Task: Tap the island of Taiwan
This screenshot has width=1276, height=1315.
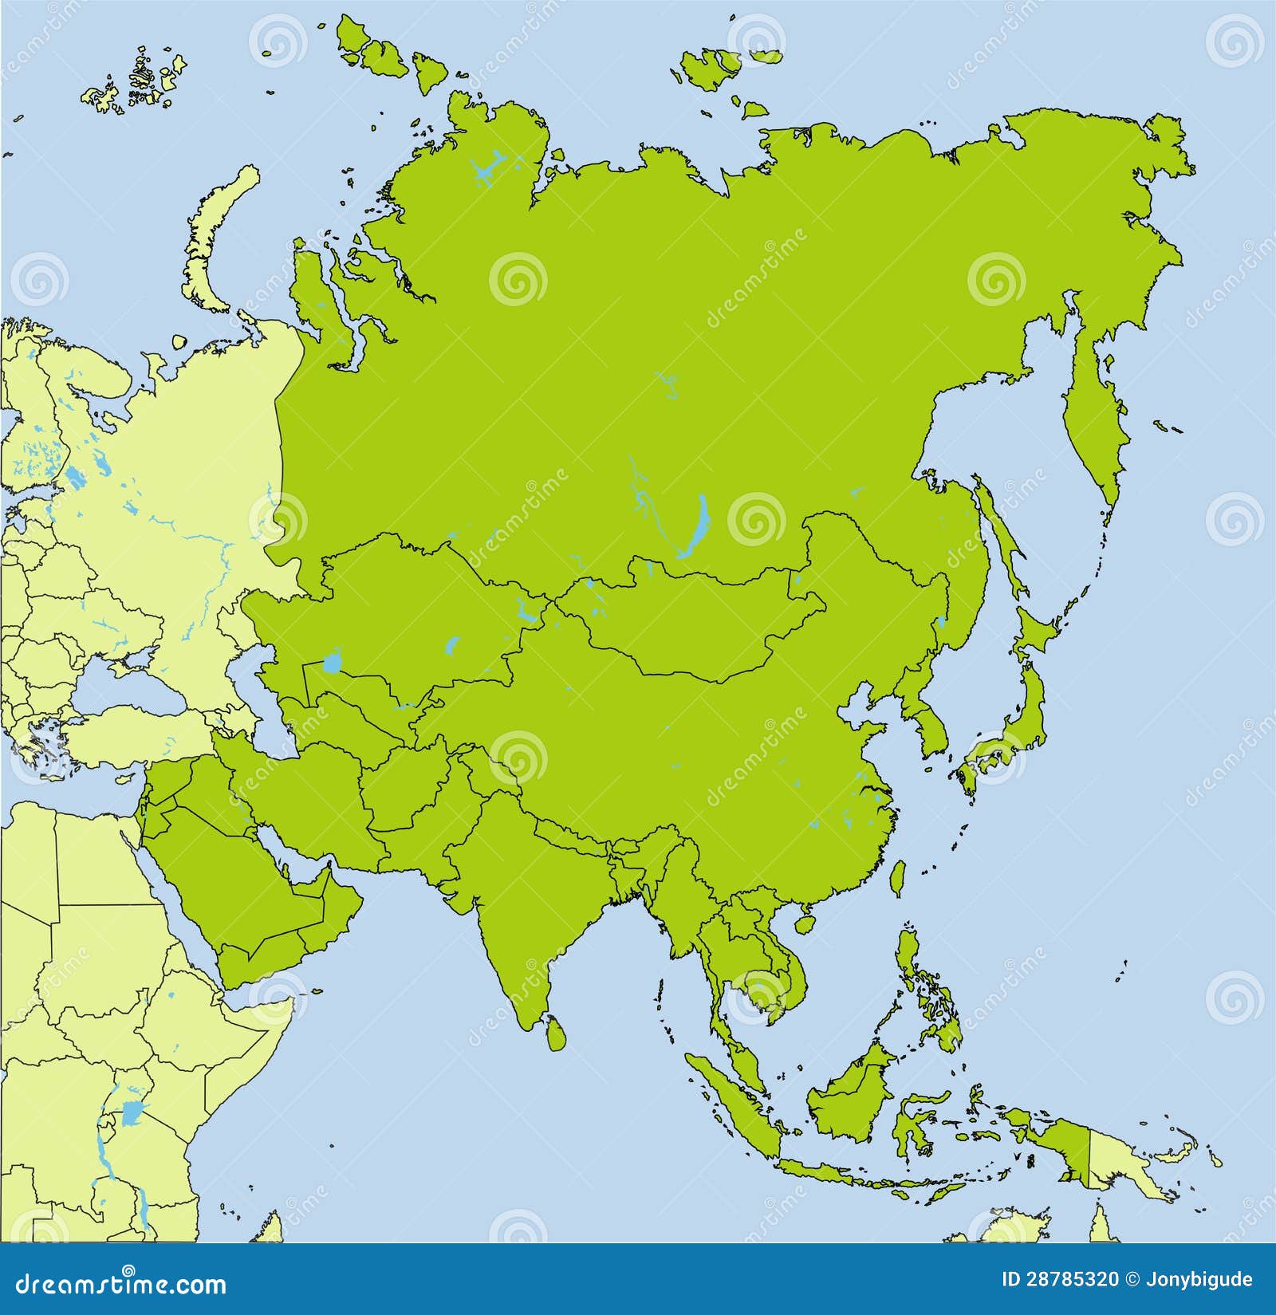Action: pos(897,878)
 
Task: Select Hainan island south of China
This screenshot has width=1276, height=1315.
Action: pos(804,923)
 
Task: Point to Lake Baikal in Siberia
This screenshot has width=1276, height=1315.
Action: pos(693,526)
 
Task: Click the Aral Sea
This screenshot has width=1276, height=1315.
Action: pos(332,664)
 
